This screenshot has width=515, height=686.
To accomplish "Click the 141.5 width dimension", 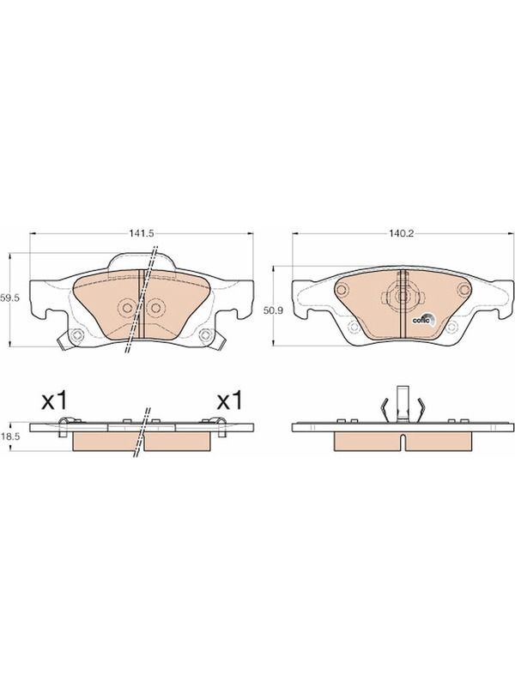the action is [142, 233].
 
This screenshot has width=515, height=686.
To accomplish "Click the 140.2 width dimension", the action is [401, 233].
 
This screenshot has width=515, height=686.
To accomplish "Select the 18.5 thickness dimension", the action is [10, 436].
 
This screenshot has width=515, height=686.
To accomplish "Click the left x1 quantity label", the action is [55, 400].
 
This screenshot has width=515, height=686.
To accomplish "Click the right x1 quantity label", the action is [229, 400].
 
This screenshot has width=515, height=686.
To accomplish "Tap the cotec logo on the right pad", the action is [423, 320].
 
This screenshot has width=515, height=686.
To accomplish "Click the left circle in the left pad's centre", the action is [127, 308].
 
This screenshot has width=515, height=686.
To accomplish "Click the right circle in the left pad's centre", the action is [155, 308].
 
